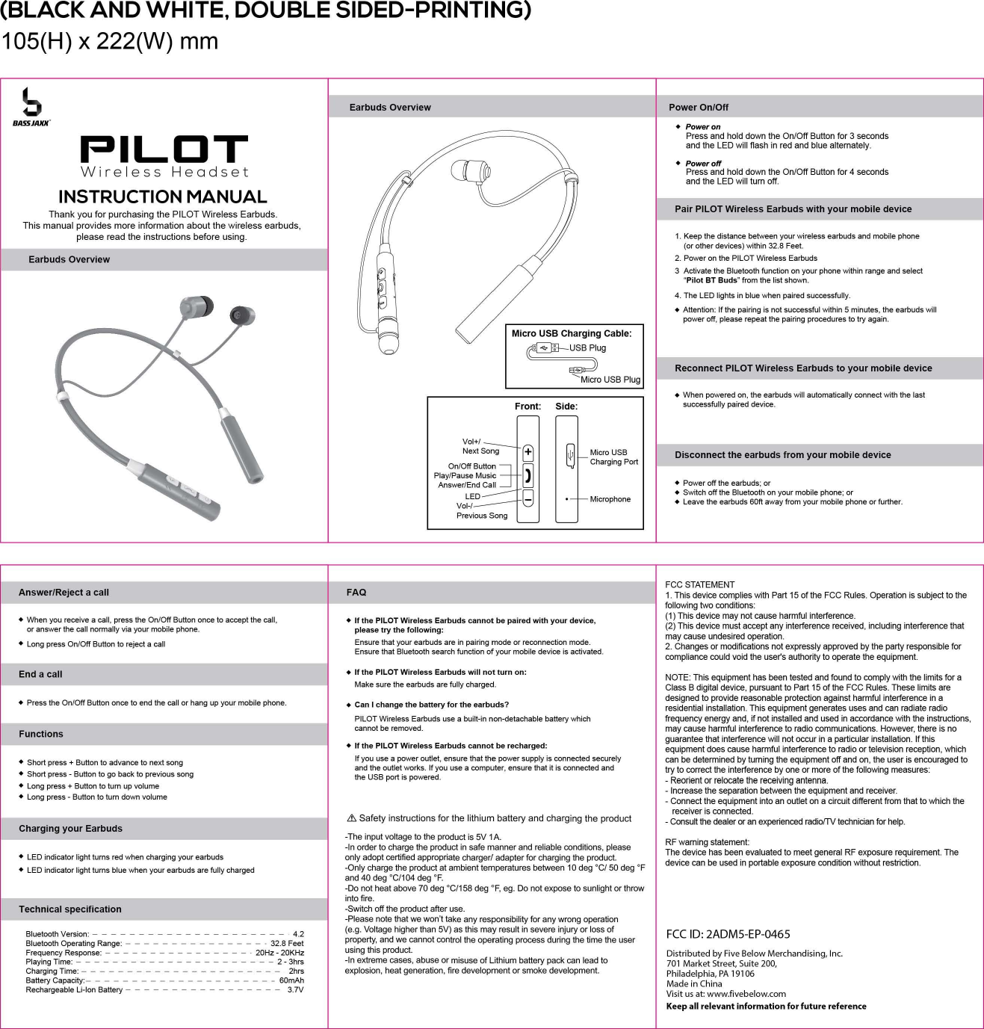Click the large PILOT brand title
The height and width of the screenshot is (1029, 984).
[x=164, y=149]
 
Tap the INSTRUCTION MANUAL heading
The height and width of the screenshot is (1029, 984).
[x=163, y=197]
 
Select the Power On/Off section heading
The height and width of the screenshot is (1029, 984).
[x=698, y=108]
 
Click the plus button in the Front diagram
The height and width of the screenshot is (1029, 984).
[x=528, y=452]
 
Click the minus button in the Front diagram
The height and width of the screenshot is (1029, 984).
[x=528, y=497]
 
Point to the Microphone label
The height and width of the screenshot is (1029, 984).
[x=610, y=499]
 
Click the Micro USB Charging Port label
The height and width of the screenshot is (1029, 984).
[x=613, y=457]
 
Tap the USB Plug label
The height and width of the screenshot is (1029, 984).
[x=587, y=348]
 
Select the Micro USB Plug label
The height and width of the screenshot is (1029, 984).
[x=610, y=380]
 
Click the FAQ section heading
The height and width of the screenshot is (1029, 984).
[x=356, y=593]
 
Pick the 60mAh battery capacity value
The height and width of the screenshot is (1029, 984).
[x=291, y=980]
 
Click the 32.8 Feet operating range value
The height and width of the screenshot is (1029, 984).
[x=287, y=944]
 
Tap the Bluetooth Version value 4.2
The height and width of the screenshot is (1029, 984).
[x=298, y=934]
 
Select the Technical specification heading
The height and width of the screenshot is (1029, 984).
[x=70, y=909]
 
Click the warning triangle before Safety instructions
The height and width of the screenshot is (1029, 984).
[x=351, y=818]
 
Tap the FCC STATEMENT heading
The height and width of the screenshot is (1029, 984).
[x=699, y=585]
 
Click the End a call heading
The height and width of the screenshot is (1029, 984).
[x=40, y=674]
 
